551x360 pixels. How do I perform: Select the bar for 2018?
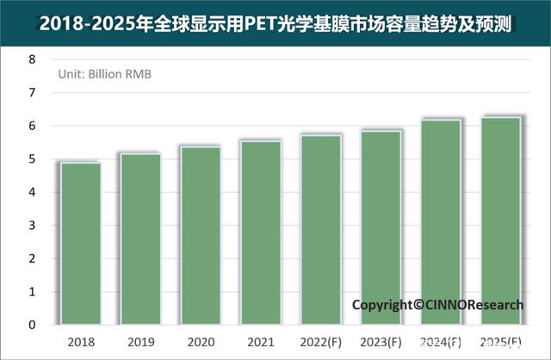coord(80,244)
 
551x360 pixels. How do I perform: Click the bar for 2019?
coord(140,239)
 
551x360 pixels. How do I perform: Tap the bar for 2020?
coord(200,236)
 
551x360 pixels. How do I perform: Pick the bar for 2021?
coord(260,233)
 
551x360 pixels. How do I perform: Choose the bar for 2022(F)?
coord(320,230)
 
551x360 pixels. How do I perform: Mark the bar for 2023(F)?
coord(381,227)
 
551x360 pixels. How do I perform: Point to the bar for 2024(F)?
coord(441,222)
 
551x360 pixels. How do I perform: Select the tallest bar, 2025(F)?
coord(500,220)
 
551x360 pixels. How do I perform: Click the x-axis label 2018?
coord(80,342)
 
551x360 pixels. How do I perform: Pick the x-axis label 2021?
coord(260,342)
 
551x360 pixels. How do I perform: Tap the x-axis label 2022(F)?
coord(320,342)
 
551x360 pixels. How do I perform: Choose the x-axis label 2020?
coord(200,342)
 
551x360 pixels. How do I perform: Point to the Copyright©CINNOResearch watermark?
coord(437,305)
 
